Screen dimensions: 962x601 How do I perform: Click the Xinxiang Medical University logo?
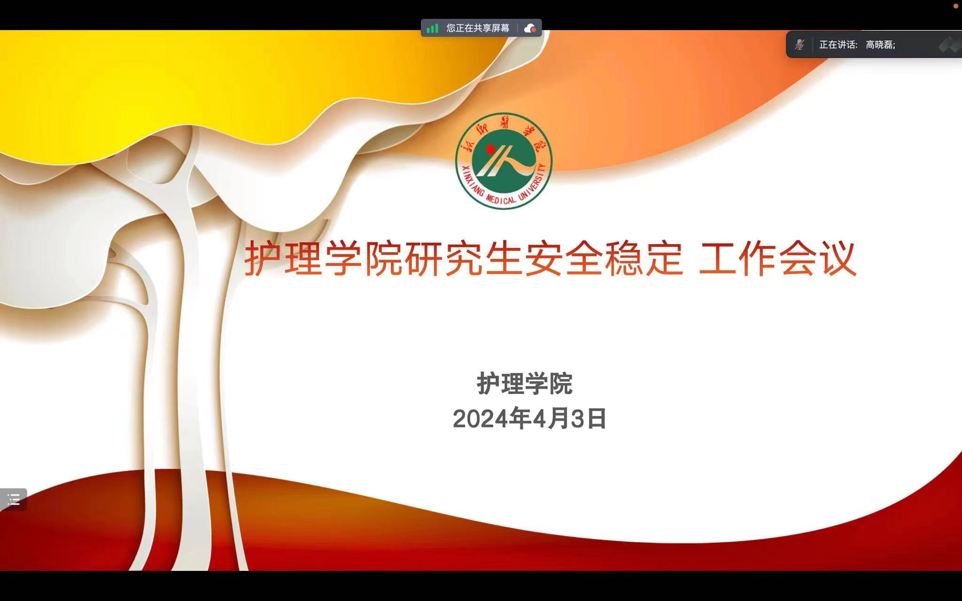(504, 161)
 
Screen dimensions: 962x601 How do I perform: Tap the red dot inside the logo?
(490, 149)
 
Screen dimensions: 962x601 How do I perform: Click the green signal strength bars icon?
(432, 28)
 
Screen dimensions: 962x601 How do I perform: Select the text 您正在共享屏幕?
(478, 28)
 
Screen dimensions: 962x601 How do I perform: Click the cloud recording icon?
(530, 28)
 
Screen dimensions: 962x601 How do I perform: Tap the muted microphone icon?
(799, 45)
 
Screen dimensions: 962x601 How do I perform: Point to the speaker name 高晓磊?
(879, 45)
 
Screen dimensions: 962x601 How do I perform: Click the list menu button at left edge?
(13, 499)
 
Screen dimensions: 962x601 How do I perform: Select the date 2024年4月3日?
(529, 418)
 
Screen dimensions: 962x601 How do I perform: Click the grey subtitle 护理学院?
(525, 384)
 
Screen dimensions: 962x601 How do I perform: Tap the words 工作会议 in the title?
(777, 259)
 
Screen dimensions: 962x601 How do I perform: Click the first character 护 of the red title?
(264, 259)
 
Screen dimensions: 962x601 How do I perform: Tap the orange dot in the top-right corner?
(955, 6)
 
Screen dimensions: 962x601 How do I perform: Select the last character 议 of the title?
(837, 259)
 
